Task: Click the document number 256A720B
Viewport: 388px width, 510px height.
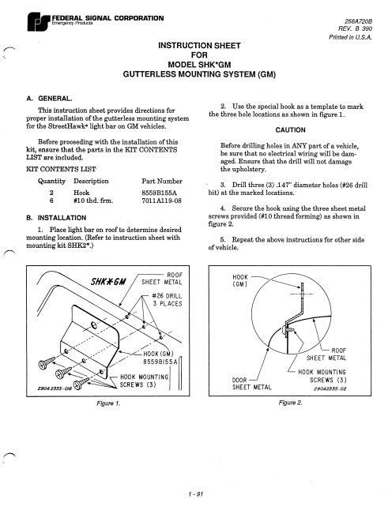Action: coord(361,17)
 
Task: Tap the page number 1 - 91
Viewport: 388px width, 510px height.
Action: coord(194,493)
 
